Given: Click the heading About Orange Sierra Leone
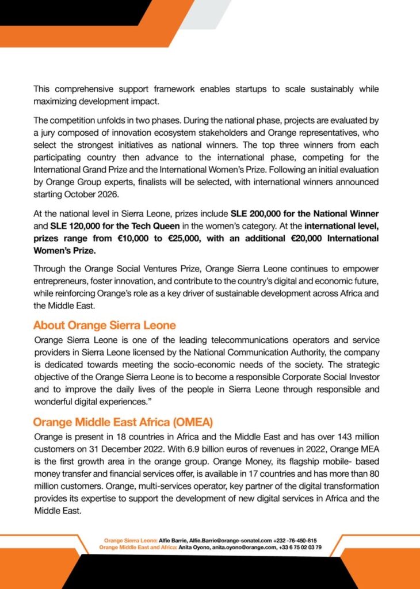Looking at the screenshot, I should (104, 325).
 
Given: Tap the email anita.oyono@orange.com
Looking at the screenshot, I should (240, 548).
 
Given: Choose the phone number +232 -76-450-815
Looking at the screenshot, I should (295, 541).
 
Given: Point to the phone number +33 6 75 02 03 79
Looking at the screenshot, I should (300, 548).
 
